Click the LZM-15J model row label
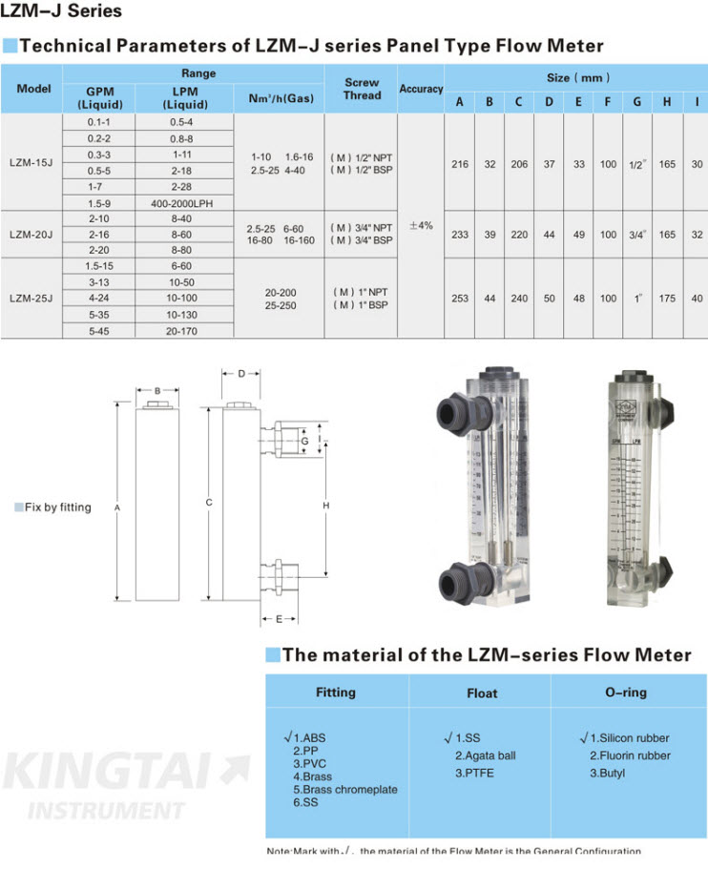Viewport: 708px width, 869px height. [31, 163]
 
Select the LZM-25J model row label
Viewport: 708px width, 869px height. [31, 298]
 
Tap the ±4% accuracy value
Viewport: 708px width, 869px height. [421, 226]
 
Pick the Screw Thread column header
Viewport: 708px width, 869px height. [362, 89]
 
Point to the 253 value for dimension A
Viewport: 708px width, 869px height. [460, 298]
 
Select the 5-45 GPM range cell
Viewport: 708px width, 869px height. [98, 330]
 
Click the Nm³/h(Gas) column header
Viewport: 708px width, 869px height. [281, 98]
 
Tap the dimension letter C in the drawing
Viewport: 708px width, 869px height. [208, 502]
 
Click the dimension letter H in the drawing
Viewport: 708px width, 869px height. [325, 504]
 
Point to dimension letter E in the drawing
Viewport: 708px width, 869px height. [279, 619]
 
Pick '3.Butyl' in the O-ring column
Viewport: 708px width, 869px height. [607, 773]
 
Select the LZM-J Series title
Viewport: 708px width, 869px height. [61, 12]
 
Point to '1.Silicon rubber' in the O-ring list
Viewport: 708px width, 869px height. [630, 737]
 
